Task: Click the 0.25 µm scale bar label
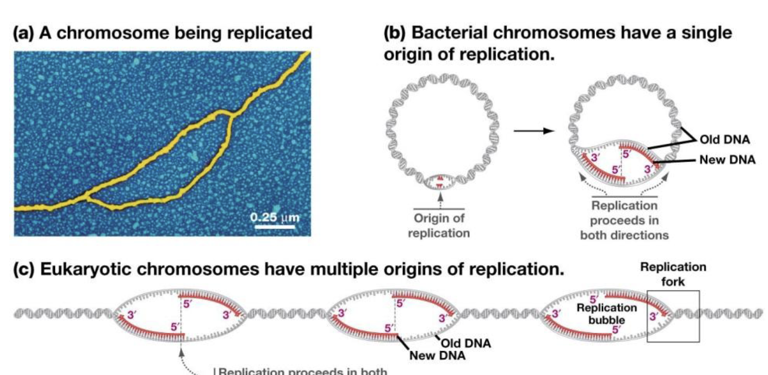tap(275, 217)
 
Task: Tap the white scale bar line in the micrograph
tap(275, 226)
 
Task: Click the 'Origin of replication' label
tap(439, 225)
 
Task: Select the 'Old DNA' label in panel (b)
tap(725, 139)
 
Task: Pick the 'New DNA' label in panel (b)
tap(727, 159)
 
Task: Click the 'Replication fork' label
tap(673, 274)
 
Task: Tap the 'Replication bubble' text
tap(607, 314)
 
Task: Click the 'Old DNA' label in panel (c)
tap(466, 343)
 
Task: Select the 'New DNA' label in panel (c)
tap(437, 355)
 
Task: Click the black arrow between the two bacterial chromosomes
tap(534, 130)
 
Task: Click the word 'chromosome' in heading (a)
tap(113, 33)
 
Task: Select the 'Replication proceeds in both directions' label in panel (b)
tap(624, 220)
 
